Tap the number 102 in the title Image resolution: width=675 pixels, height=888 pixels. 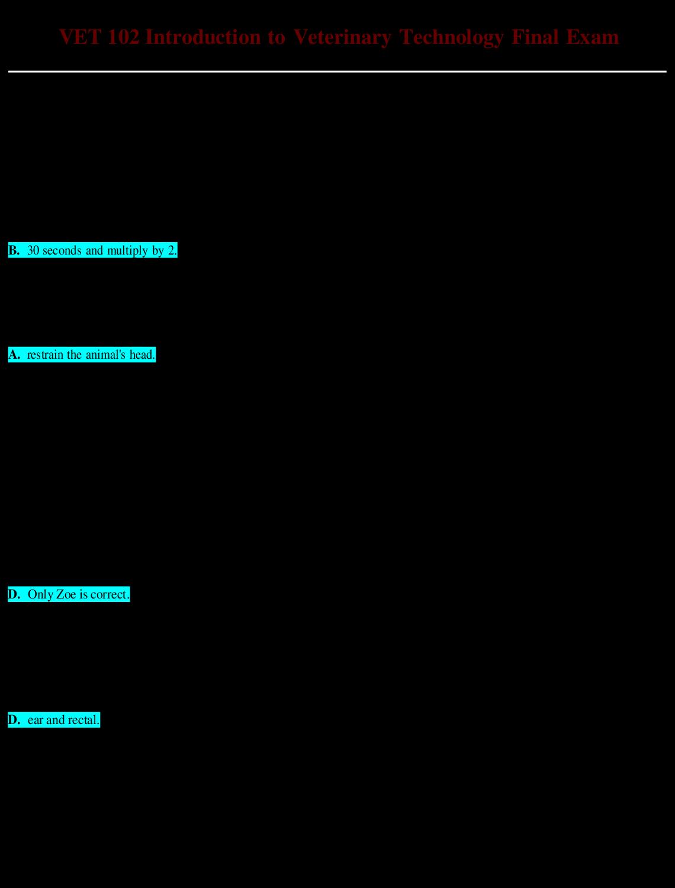tap(124, 37)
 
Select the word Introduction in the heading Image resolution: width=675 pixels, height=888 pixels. tap(202, 37)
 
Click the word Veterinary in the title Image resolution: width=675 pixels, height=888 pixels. tap(342, 37)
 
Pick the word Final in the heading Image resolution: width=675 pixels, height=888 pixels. tap(535, 37)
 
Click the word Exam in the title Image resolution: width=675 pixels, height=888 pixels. tap(592, 37)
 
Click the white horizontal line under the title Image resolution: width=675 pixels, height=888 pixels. tap(337, 72)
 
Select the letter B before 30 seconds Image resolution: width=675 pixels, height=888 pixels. tap(13, 250)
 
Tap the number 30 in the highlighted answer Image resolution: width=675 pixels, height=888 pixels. tap(33, 250)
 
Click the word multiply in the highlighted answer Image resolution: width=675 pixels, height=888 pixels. tap(127, 251)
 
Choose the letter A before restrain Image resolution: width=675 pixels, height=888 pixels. tap(13, 355)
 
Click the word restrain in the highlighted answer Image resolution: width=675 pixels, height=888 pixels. tap(45, 355)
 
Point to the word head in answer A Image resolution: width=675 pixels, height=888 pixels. tap(142, 355)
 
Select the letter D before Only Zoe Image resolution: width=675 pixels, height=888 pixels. tap(13, 594)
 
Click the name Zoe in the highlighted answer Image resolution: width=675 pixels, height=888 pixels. tap(66, 594)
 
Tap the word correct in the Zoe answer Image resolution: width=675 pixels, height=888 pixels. tap(110, 594)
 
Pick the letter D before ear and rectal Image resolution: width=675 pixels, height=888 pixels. tap(13, 720)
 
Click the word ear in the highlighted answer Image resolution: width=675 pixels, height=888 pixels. tap(35, 720)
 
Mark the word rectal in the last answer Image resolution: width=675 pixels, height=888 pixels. tap(83, 720)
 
